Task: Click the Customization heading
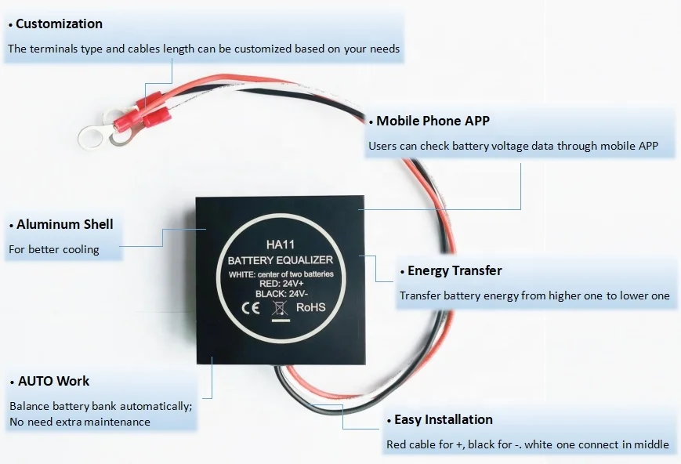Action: click(x=59, y=24)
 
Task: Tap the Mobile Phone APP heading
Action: click(x=433, y=121)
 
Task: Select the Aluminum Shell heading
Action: click(x=64, y=224)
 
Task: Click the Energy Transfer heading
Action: click(x=455, y=270)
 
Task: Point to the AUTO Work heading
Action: click(x=53, y=381)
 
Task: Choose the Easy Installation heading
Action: click(x=443, y=419)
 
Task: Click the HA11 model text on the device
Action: click(x=280, y=245)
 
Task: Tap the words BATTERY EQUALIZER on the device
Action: click(x=280, y=260)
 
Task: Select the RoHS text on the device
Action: click(x=311, y=307)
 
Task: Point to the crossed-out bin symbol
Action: click(x=277, y=307)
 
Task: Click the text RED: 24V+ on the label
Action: click(x=280, y=284)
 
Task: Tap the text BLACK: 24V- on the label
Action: click(x=280, y=294)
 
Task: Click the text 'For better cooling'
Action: click(x=53, y=249)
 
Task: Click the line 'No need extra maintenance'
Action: click(x=79, y=422)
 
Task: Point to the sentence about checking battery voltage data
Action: click(x=513, y=146)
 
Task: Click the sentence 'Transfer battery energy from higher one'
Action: click(x=534, y=295)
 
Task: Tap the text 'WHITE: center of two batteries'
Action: click(x=281, y=274)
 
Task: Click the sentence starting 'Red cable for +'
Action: click(x=527, y=444)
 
